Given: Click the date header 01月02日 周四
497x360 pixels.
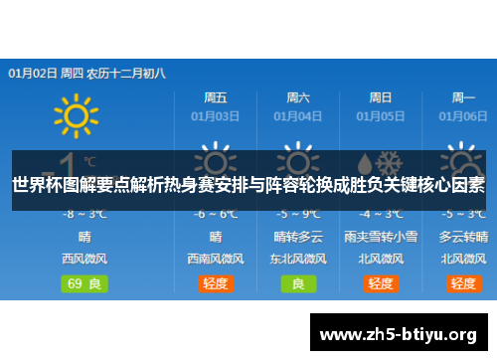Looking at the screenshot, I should tap(46, 73).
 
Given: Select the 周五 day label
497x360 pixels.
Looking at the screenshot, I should tap(216, 97).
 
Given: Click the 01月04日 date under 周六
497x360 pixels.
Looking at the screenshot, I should tap(297, 115).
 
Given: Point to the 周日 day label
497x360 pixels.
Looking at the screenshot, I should tap(381, 97).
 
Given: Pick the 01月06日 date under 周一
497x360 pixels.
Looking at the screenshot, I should tap(463, 115).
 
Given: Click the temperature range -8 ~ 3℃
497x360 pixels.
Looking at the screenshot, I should tap(84, 214).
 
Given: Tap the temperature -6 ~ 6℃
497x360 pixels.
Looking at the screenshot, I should tap(216, 214).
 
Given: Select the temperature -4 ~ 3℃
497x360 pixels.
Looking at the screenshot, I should tap(381, 214).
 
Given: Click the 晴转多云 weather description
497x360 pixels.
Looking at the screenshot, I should tap(298, 237).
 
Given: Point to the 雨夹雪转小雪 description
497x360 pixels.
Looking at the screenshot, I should tap(381, 237).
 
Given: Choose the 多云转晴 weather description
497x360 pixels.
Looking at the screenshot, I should tap(463, 237).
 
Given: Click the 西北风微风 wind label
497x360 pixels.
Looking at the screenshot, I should tap(84, 258).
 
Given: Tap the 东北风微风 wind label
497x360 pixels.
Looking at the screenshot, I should tap(298, 258).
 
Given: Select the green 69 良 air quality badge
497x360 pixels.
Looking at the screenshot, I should tap(84, 283).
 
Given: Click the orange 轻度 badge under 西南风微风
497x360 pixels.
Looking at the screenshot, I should tap(216, 283).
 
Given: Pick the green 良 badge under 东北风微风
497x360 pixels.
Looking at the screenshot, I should tap(298, 283).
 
